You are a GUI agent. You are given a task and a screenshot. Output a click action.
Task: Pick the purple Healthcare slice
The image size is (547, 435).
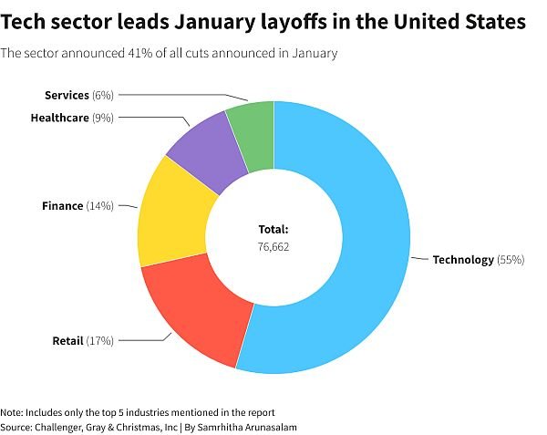(205, 150)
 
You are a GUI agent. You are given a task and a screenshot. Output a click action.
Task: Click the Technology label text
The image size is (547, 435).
(463, 260)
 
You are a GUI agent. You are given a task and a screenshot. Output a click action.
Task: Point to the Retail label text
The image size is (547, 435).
(67, 341)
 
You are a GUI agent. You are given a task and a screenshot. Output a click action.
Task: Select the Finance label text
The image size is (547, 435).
(62, 206)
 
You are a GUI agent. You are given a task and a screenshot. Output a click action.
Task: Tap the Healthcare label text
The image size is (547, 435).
(59, 118)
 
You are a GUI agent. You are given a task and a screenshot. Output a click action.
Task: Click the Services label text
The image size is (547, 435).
(67, 95)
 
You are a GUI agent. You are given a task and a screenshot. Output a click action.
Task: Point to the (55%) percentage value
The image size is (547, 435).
(511, 260)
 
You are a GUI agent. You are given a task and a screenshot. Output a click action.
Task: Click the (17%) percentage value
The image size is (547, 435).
(99, 341)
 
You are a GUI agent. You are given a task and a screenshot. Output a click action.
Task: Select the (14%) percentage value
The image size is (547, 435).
(99, 206)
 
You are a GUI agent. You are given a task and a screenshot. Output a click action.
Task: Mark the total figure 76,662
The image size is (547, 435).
(273, 247)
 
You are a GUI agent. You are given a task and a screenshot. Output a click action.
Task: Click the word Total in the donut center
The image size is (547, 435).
(273, 230)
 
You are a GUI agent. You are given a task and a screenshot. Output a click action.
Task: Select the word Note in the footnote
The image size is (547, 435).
(12, 412)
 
